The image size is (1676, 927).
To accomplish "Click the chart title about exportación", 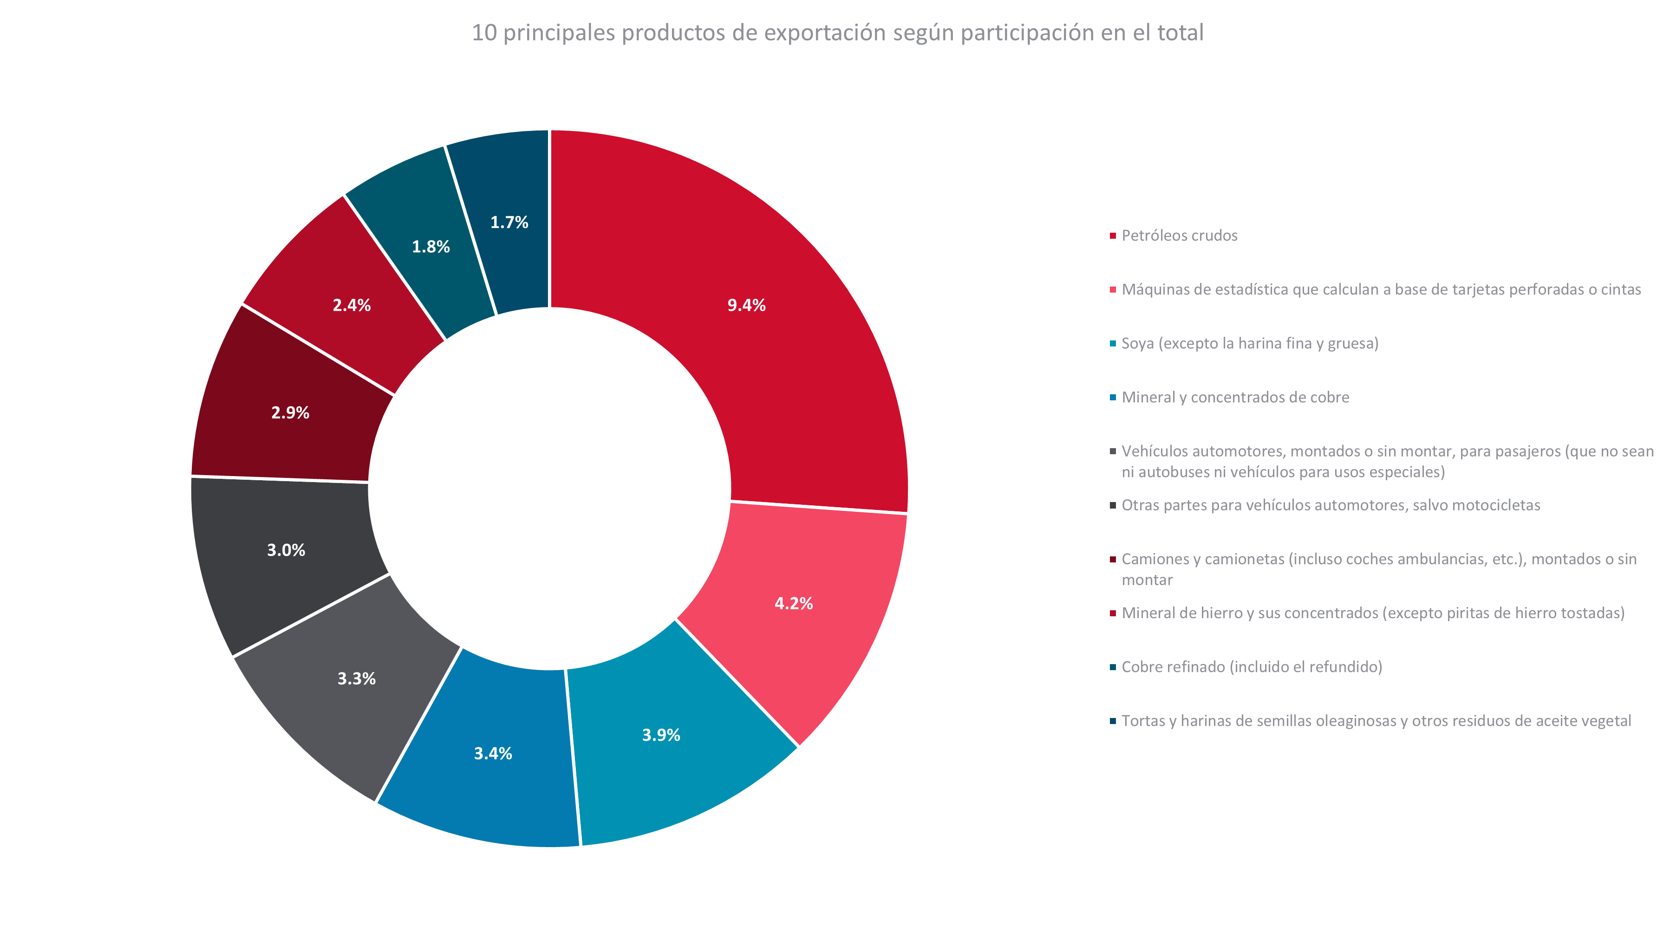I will (837, 33).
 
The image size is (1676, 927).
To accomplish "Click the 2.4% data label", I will (352, 305).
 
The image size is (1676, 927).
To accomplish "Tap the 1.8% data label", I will (430, 247).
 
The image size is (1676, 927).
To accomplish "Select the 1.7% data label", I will (509, 222).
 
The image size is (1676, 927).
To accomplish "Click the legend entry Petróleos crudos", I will (1179, 235).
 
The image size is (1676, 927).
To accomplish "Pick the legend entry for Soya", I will (1249, 344).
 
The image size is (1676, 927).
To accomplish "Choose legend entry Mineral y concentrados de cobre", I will (1235, 398).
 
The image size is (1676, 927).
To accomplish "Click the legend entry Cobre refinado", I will (1251, 667).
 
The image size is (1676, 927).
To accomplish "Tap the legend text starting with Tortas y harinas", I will (1376, 721).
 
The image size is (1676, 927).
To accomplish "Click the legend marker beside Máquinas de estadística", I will (1113, 289).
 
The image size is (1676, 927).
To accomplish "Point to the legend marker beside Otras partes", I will (1113, 505).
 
